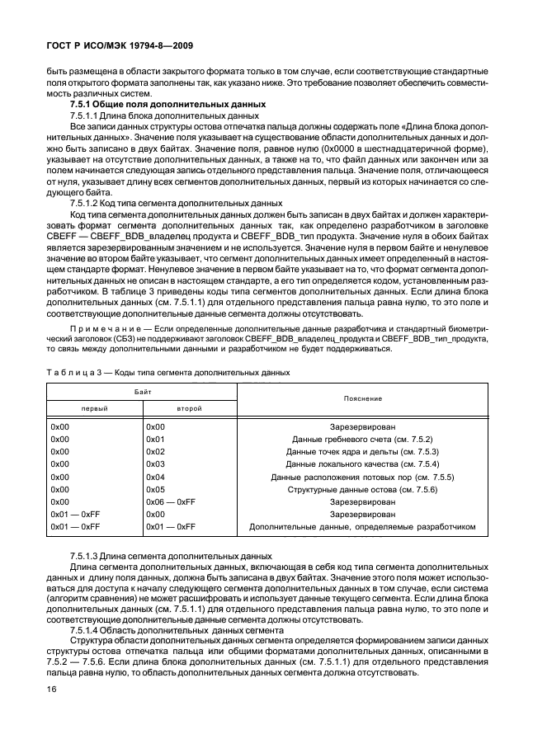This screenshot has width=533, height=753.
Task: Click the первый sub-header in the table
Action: click(x=93, y=407)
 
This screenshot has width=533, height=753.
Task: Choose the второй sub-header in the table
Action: click(x=189, y=407)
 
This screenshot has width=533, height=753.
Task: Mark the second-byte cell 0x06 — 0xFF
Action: click(x=170, y=501)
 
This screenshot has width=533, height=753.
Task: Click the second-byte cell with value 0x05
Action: click(x=156, y=489)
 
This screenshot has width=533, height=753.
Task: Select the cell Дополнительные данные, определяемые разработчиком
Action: click(x=362, y=525)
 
